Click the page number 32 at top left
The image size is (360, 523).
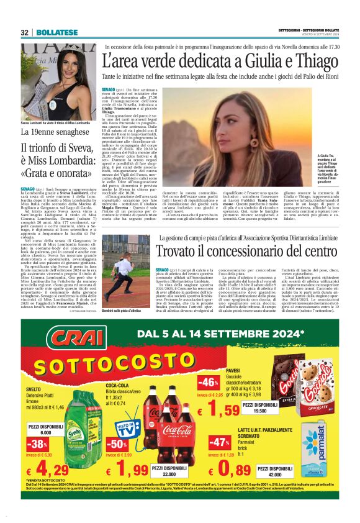(x=25, y=32)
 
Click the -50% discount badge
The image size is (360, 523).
(x=116, y=444)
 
